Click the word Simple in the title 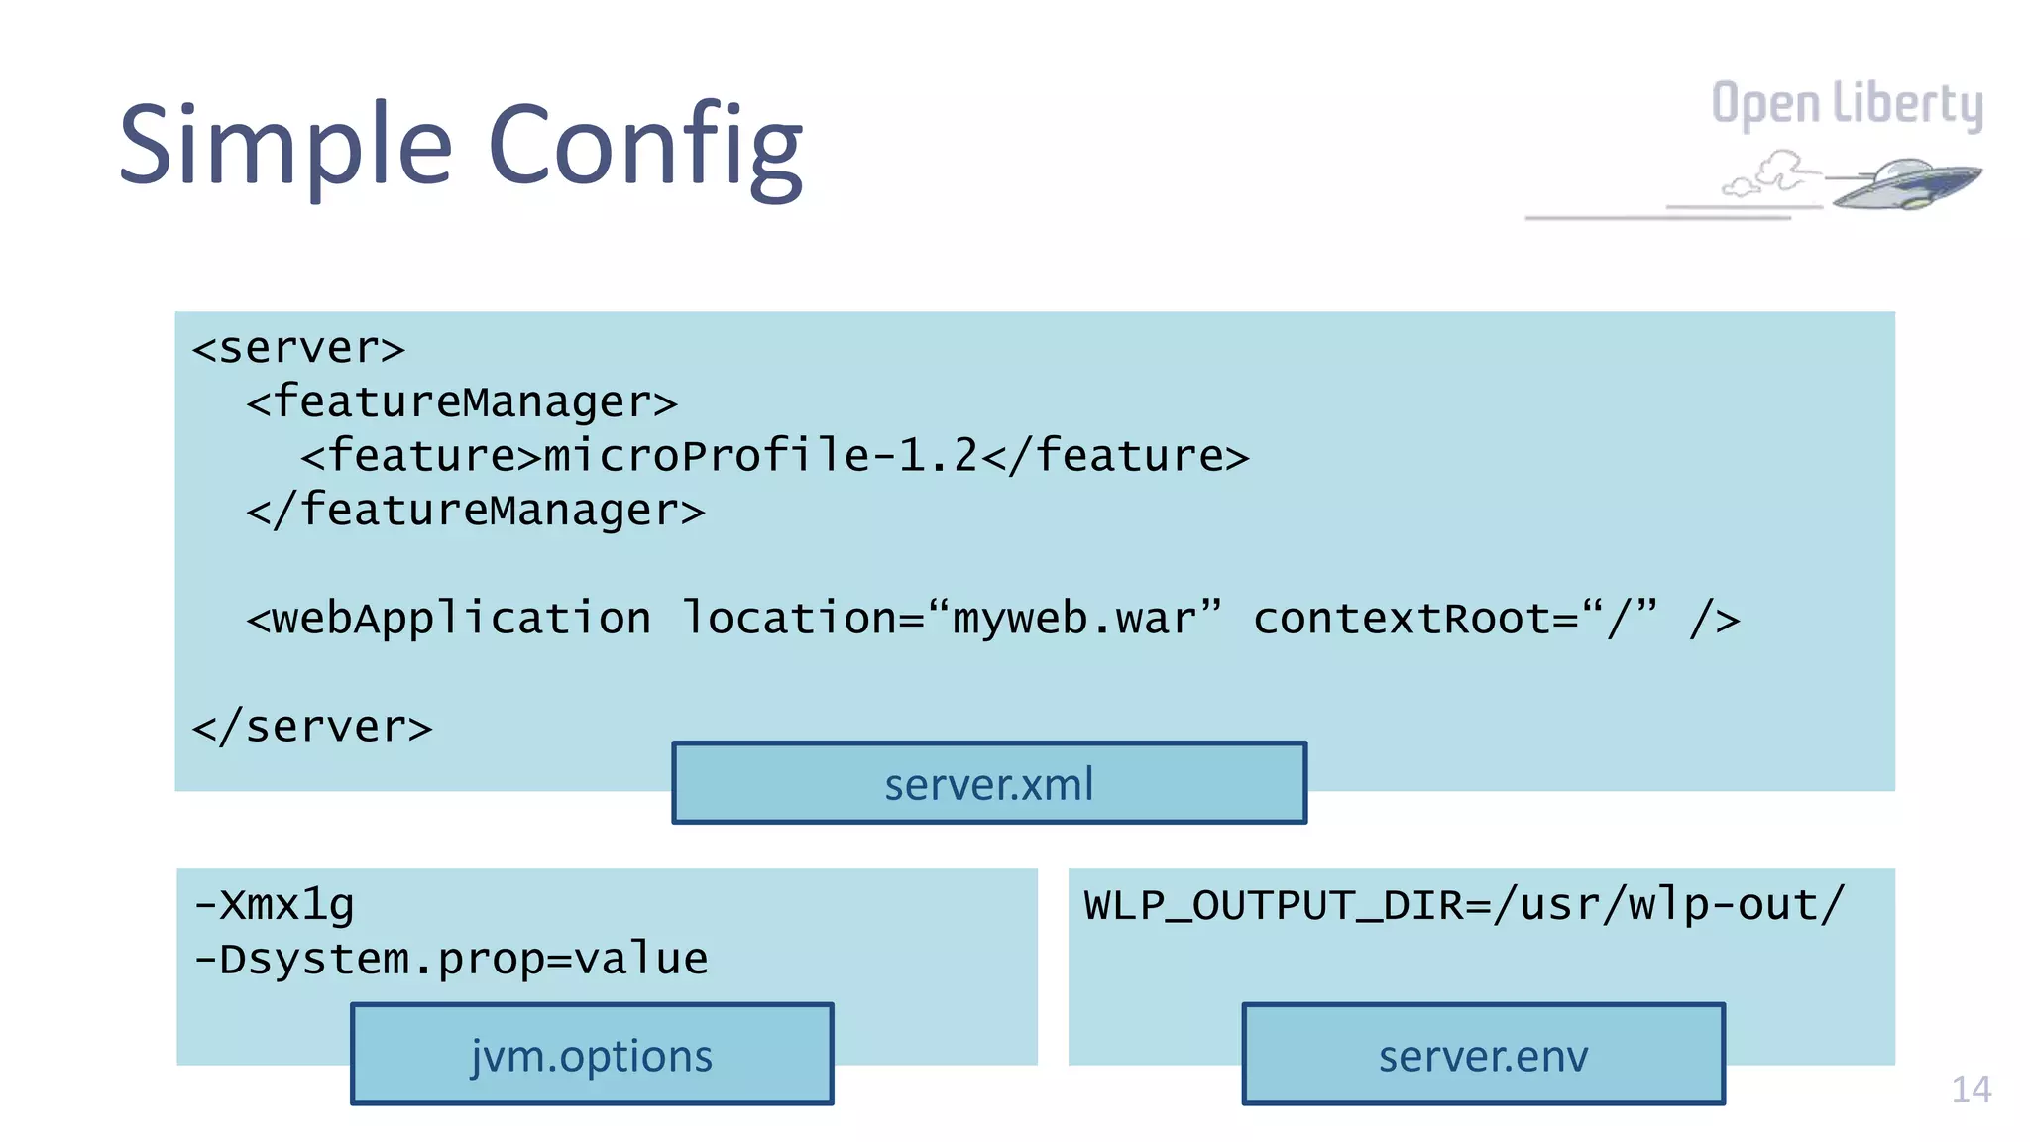(285, 147)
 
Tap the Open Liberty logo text (1847, 105)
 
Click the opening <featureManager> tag (462, 402)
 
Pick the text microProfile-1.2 (760, 456)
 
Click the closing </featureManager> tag (476, 511)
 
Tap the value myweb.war (1073, 619)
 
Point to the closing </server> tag (312, 728)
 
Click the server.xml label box (989, 783)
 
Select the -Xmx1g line (274, 905)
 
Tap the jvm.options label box (592, 1055)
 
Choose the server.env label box (1483, 1055)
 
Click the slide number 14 (1971, 1089)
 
